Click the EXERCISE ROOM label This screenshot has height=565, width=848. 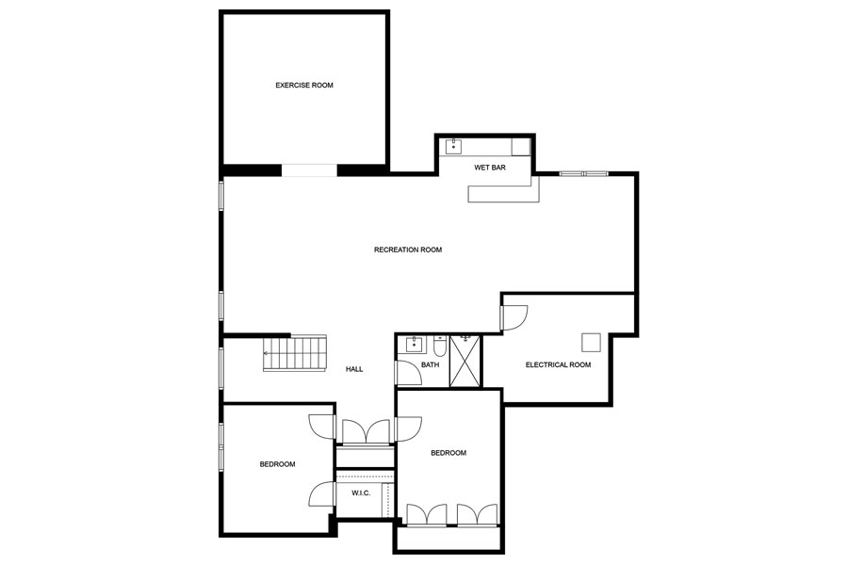(x=303, y=86)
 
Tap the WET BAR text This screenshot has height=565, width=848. (x=490, y=168)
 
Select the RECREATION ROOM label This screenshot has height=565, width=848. (x=407, y=250)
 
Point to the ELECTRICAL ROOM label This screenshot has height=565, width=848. (x=558, y=364)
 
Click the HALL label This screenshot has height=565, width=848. (x=354, y=369)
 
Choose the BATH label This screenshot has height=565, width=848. (x=430, y=364)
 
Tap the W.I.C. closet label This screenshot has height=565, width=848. (x=360, y=492)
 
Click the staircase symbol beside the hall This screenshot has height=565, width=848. (x=295, y=353)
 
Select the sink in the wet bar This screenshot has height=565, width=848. (x=454, y=146)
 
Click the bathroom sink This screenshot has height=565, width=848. (x=413, y=344)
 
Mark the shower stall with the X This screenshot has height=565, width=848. (x=465, y=361)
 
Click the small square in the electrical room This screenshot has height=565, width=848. (x=591, y=342)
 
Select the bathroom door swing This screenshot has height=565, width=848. (x=408, y=373)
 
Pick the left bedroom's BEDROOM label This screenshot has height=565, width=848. (x=278, y=464)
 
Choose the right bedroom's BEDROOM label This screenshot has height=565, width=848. (x=448, y=453)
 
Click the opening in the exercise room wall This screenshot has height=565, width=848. (x=309, y=170)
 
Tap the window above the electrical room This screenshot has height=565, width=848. (x=583, y=173)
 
